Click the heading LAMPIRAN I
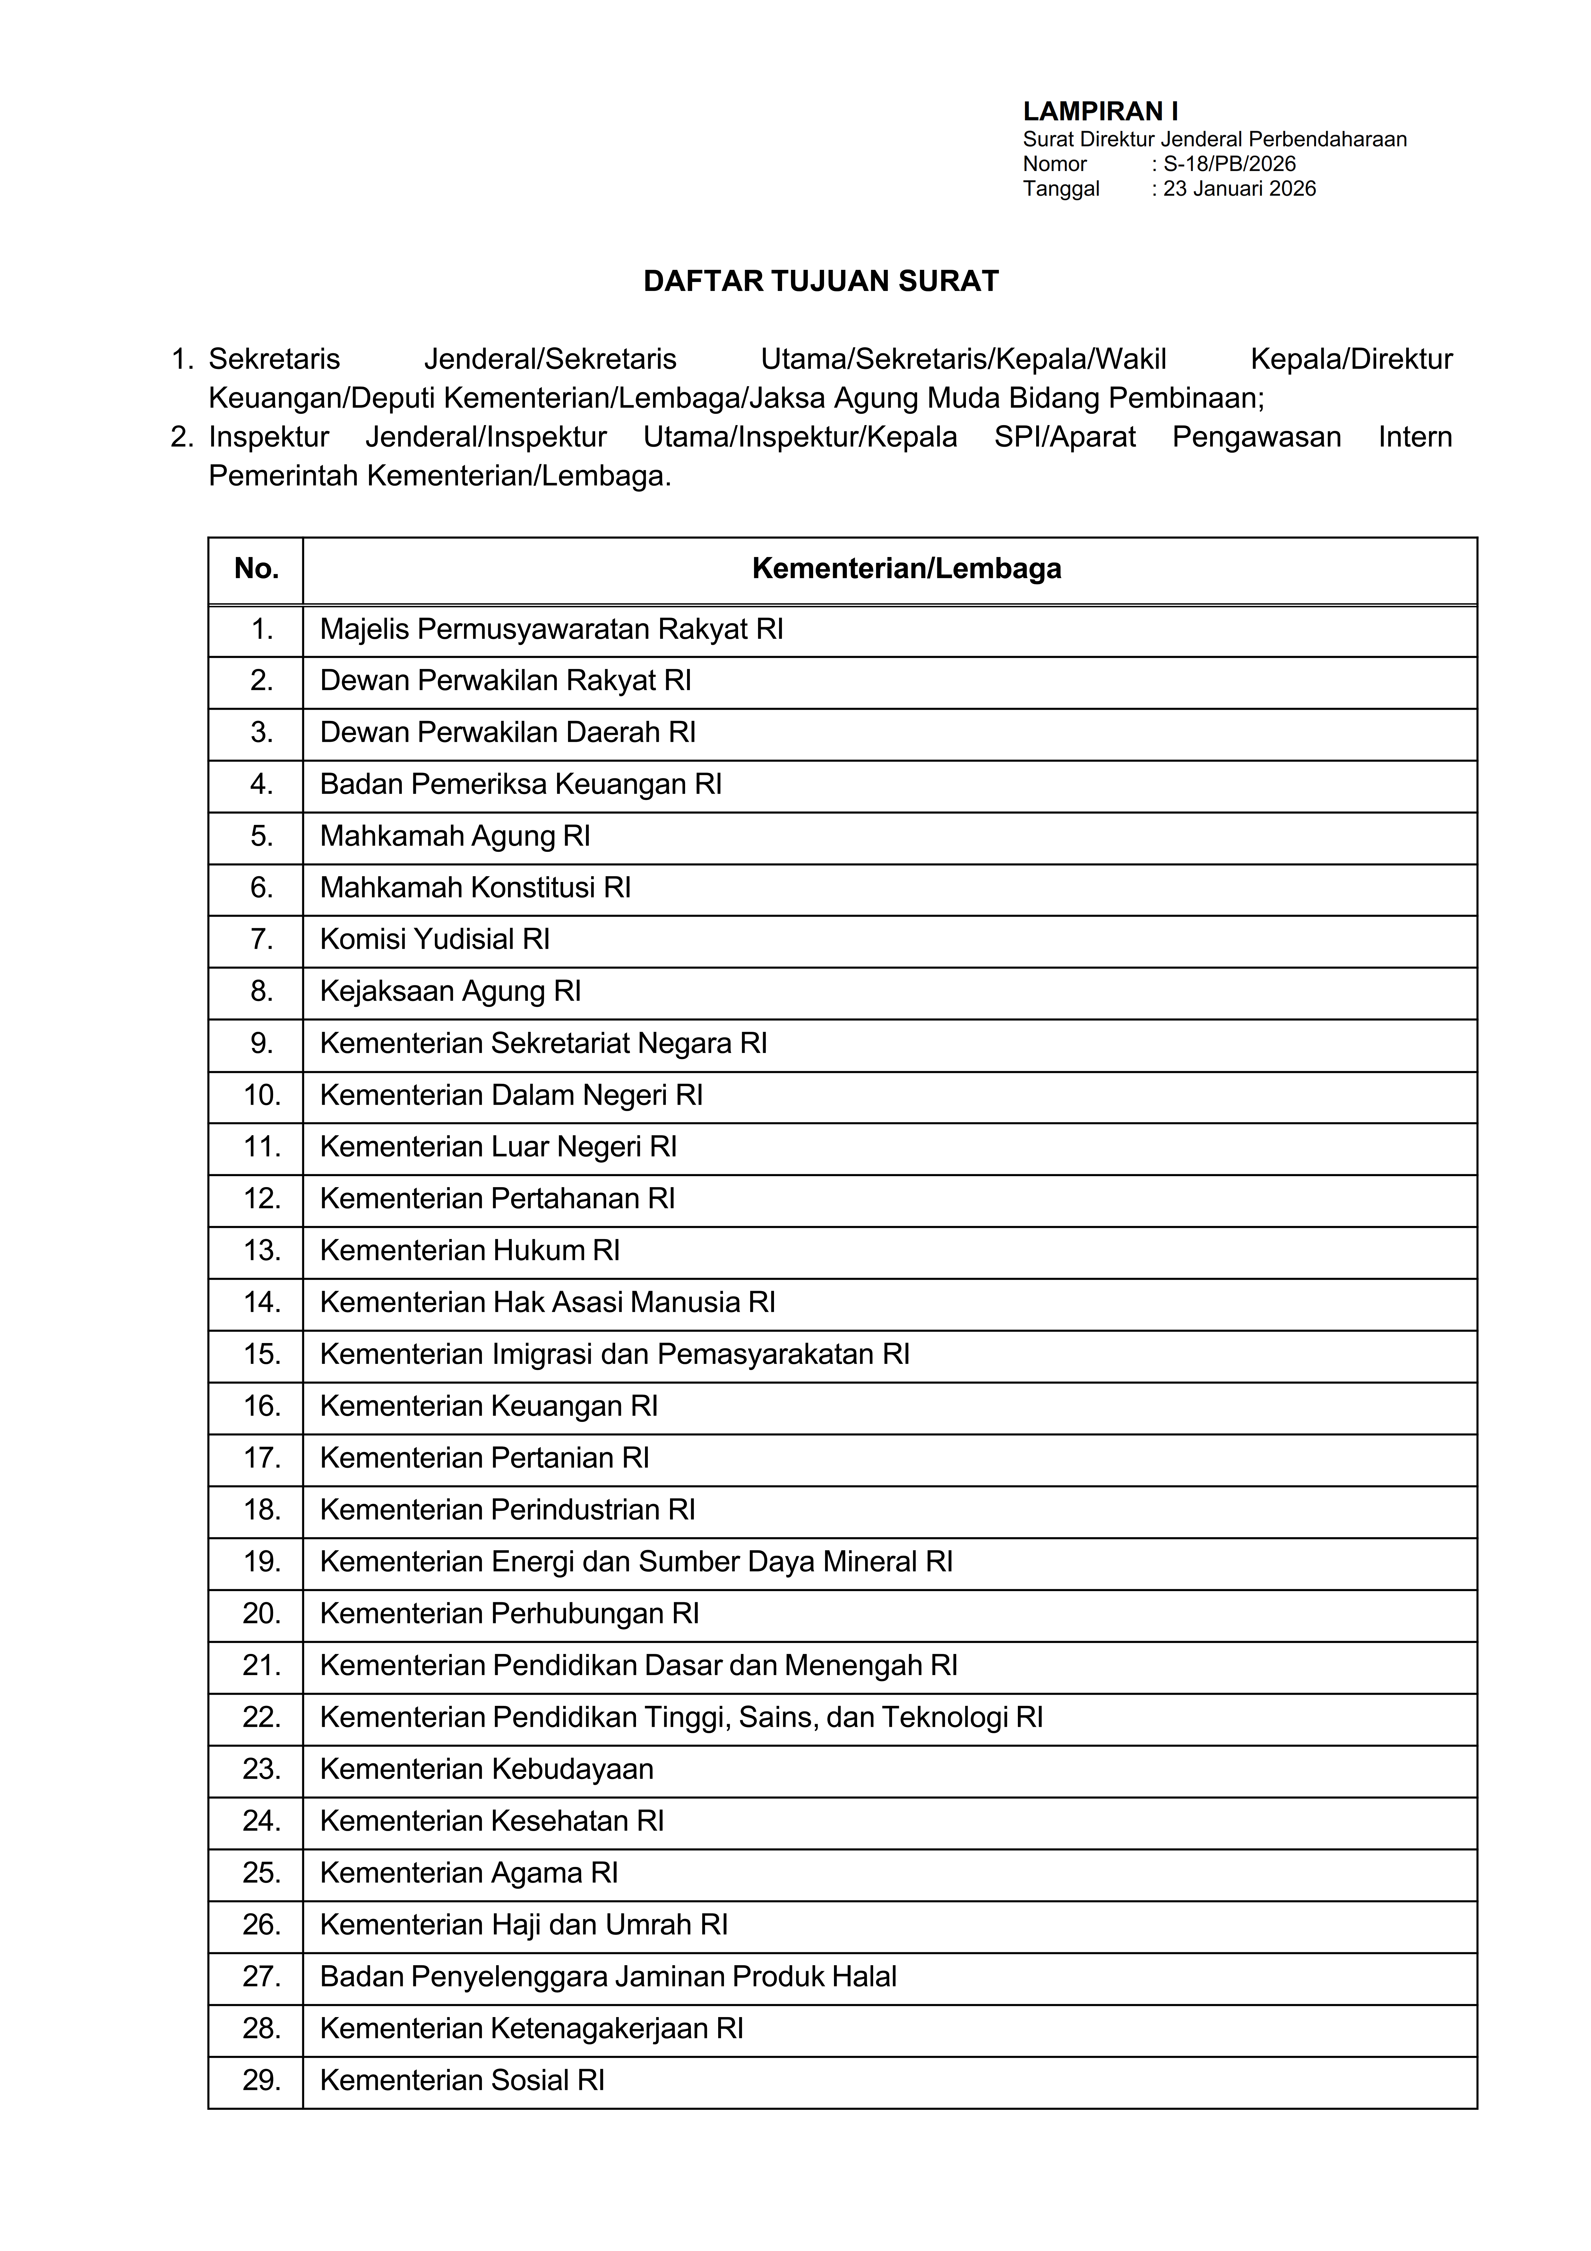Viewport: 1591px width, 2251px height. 1100,112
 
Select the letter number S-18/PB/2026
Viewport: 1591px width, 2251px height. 1229,164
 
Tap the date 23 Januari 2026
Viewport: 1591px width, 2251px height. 1239,188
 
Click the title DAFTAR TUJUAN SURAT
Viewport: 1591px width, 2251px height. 821,281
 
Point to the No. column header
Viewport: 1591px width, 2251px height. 256,569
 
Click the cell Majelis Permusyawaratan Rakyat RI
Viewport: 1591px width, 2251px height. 551,629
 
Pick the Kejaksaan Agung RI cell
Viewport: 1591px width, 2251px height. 450,991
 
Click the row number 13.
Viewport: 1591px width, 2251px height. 262,1251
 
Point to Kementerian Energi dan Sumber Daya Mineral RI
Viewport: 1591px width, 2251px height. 635,1562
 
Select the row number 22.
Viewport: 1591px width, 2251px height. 262,1718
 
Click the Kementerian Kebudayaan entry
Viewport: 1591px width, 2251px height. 486,1770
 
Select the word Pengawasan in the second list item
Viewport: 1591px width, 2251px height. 1256,437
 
